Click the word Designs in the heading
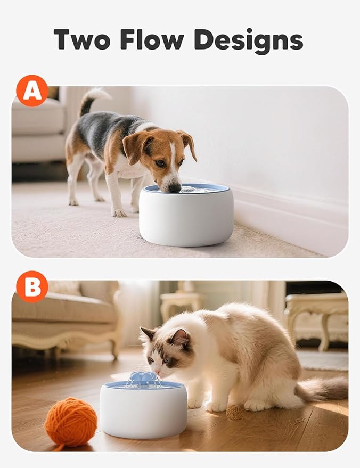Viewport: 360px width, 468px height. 248,40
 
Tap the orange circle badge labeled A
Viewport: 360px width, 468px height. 32,91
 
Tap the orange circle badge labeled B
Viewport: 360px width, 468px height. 32,286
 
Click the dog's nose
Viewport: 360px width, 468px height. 175,187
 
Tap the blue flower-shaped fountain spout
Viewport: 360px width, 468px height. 143,379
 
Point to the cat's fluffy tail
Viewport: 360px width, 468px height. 324,389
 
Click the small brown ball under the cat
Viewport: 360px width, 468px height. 234,412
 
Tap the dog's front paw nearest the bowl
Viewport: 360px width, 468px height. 118,212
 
